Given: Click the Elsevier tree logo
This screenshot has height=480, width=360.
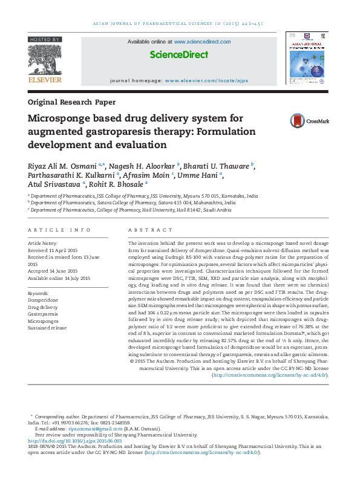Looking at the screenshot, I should pos(44,59).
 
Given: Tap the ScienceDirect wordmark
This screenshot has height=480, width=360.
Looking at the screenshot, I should pos(179,55).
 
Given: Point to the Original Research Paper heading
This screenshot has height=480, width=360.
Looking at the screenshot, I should pos(71,102).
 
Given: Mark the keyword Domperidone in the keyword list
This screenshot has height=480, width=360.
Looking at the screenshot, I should pos(43,300).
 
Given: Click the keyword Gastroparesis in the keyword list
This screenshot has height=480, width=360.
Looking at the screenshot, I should pos(43,314).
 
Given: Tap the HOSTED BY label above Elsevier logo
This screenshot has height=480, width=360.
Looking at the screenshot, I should pos(44,39).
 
